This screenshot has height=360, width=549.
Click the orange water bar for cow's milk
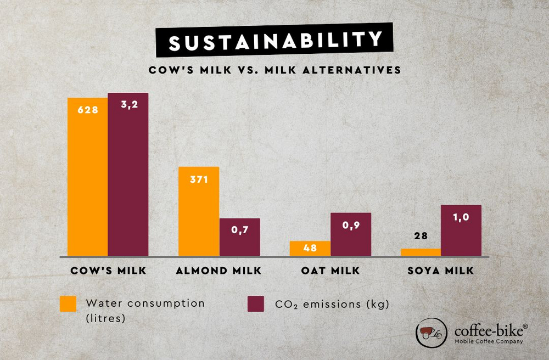click(x=87, y=181)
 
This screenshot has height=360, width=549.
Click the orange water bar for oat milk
click(x=310, y=249)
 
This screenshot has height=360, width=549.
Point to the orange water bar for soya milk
click(x=421, y=252)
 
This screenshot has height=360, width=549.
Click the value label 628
click(x=87, y=110)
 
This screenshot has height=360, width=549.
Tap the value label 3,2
click(x=128, y=104)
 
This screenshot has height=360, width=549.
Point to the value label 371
click(x=199, y=179)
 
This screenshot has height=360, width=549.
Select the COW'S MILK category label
click(x=108, y=271)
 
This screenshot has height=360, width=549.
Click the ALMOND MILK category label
click(x=219, y=271)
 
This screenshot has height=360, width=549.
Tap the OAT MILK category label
click(x=330, y=271)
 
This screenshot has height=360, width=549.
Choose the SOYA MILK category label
click(x=441, y=271)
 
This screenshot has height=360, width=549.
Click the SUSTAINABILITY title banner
click(x=275, y=41)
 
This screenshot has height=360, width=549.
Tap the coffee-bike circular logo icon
click(x=432, y=333)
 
